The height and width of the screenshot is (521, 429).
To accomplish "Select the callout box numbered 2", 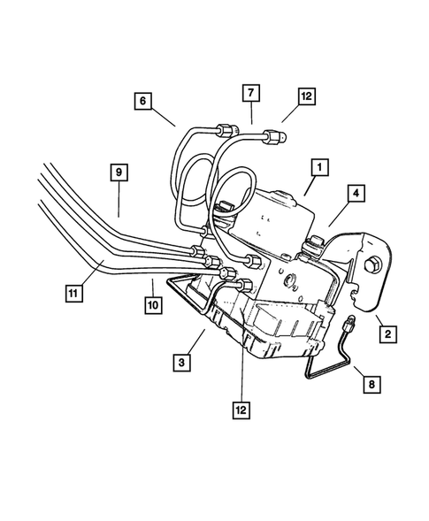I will pyautogui.click(x=387, y=334).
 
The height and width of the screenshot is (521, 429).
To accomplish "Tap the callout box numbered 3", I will pyautogui.click(x=183, y=361).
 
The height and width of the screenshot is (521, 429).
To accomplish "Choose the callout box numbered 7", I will pyautogui.click(x=250, y=93).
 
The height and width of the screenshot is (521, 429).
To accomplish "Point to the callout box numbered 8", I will pyautogui.click(x=370, y=384).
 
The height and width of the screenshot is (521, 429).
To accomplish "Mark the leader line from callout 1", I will pyautogui.click(x=306, y=181).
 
